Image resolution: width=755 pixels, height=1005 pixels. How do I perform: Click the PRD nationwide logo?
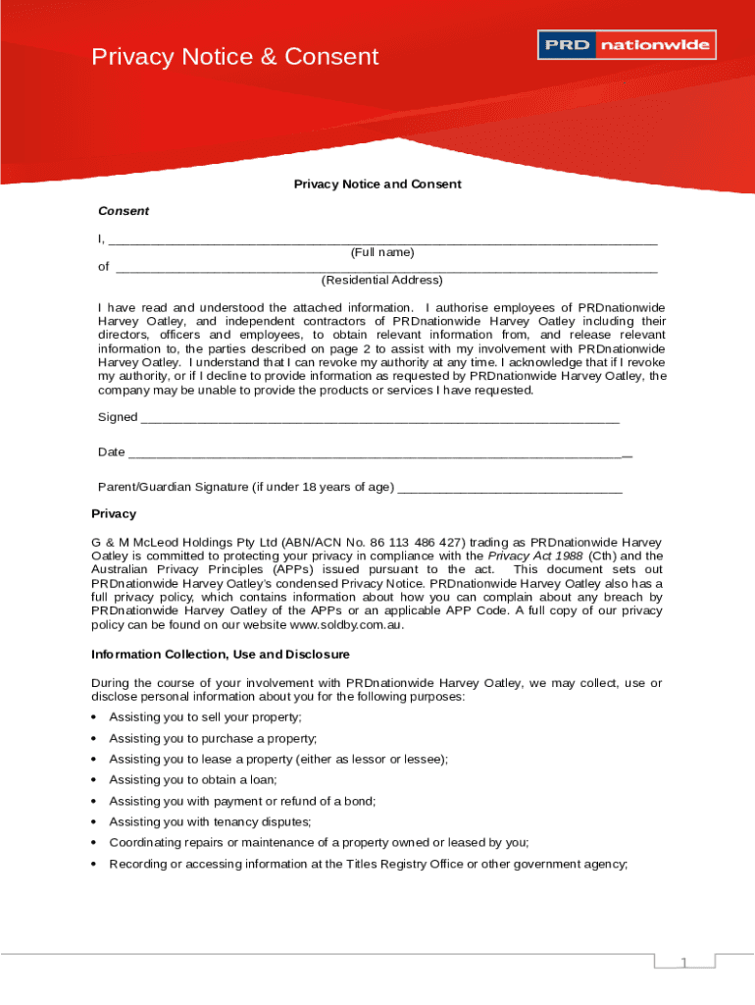tap(627, 45)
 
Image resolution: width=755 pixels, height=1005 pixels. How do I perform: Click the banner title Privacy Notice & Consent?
tap(234, 57)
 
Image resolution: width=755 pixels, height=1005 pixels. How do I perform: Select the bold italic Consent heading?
tap(124, 211)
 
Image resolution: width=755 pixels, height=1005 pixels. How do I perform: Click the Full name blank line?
tap(382, 241)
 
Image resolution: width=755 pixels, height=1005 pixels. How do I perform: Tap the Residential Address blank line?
tap(386, 268)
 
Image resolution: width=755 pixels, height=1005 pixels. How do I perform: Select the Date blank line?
tap(378, 454)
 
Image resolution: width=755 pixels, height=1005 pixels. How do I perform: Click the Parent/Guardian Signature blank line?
tap(510, 489)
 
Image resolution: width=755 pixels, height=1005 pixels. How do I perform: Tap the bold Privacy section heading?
tap(114, 514)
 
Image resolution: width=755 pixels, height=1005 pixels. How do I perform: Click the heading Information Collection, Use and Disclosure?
tap(221, 655)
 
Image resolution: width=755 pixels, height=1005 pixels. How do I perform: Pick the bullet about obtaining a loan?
tap(193, 780)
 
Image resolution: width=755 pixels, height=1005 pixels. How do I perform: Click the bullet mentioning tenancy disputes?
tap(210, 821)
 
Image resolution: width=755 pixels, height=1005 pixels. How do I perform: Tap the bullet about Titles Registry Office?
tap(368, 864)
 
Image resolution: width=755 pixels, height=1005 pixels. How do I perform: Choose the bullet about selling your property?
tap(206, 717)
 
